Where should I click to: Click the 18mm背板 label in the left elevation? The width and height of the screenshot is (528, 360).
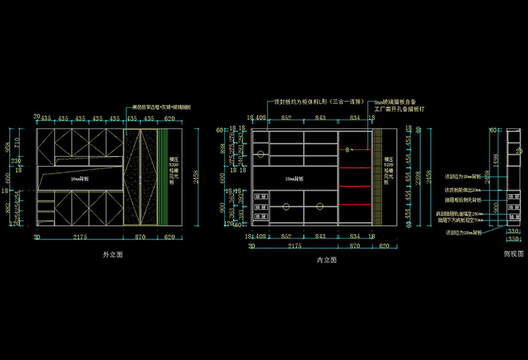pos(80,180)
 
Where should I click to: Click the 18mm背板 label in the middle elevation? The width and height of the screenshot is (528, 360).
pos(294,179)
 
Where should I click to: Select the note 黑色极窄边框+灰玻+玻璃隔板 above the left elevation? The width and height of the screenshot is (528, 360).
pos(161,107)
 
